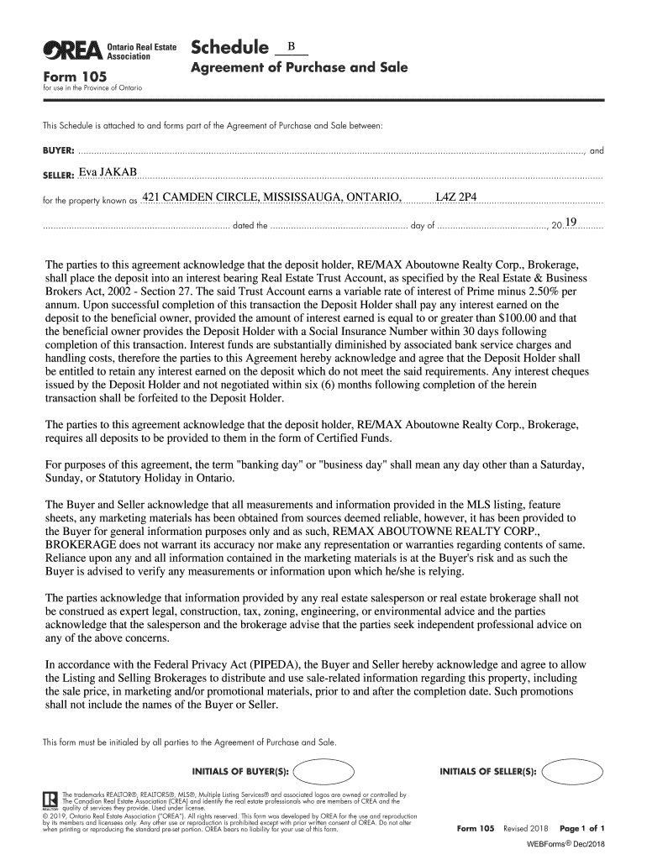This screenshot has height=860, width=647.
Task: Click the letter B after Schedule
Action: click(291, 46)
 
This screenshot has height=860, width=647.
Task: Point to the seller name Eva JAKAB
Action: click(107, 173)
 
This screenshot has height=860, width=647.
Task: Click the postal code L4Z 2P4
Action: click(456, 197)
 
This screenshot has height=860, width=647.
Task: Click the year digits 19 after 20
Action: click(571, 222)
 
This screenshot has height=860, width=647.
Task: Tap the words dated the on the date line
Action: click(250, 226)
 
